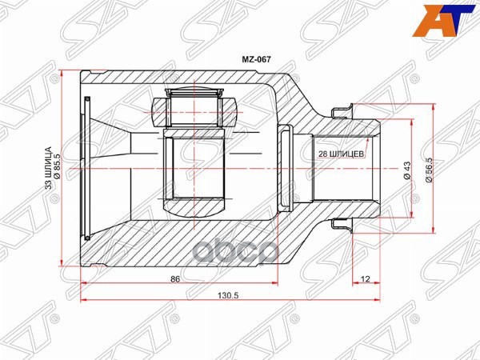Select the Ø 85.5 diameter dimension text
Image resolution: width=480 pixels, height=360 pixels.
point(58,168)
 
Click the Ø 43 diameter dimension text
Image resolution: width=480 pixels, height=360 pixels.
point(407,169)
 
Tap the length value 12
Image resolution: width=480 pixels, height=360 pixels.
point(366,278)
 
